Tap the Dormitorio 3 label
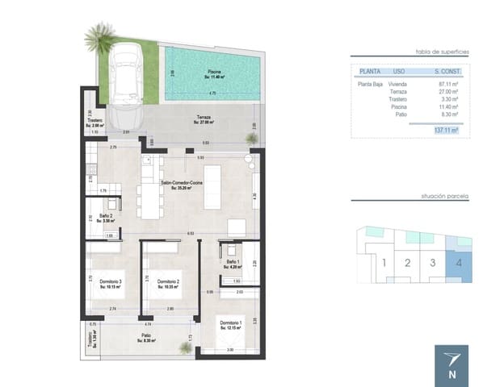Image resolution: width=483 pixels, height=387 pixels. click(x=111, y=282)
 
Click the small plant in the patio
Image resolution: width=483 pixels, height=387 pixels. click(x=186, y=347)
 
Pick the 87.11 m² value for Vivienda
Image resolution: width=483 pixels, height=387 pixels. click(x=447, y=84)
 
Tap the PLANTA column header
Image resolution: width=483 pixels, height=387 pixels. click(x=370, y=71)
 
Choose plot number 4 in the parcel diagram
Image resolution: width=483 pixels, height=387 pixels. click(x=459, y=262)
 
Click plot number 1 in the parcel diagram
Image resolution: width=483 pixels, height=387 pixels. click(x=384, y=262)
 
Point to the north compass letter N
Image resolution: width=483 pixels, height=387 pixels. click(x=451, y=374)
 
